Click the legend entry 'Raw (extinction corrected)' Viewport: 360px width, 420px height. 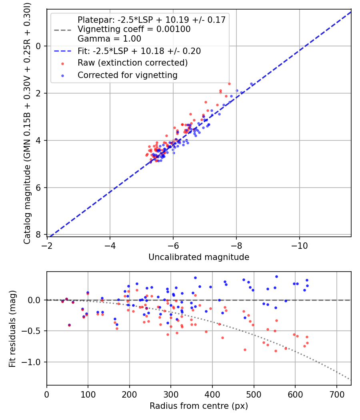coord(132,63)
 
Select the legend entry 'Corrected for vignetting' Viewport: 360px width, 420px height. coord(127,75)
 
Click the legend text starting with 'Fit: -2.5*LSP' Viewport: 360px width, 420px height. coord(139,51)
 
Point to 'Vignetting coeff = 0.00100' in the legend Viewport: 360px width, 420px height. coord(134,29)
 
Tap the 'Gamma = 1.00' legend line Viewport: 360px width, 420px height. coord(109,39)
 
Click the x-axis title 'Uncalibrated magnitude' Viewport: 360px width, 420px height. coord(199,257)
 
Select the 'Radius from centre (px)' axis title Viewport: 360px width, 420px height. coord(199,406)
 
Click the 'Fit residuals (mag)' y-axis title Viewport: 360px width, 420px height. coord(12,328)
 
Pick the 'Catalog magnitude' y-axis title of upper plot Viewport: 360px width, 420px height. coord(27,122)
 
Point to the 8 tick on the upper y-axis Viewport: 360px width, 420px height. coord(38,235)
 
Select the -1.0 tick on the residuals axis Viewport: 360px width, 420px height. coord(34,362)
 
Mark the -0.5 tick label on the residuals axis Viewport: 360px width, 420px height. coord(34,331)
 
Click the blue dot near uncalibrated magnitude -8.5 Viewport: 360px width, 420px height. coord(251,84)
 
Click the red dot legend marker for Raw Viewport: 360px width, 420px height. coord(62,63)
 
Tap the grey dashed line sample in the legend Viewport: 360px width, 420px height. coord(62,29)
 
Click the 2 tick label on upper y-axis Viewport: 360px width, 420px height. coord(38,93)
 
